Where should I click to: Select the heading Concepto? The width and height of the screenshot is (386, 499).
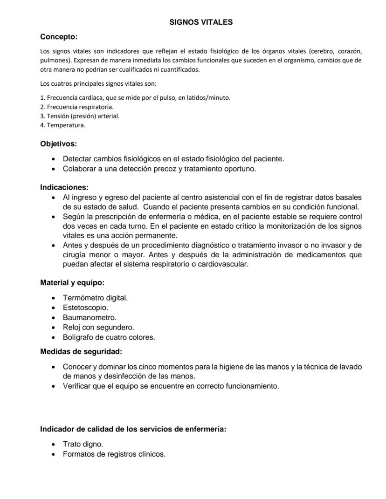pos(59,37)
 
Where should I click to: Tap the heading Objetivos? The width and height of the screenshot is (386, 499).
pos(58,144)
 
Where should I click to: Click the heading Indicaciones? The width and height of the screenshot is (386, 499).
pos(64,187)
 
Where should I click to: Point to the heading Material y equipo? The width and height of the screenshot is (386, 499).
pos(72,282)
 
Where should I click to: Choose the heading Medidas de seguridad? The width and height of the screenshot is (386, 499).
pos(81,351)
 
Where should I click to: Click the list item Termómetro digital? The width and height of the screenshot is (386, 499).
pos(95,297)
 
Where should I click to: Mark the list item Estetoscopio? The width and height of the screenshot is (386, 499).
pos(85,308)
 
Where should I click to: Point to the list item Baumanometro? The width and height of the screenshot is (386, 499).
pos(90,317)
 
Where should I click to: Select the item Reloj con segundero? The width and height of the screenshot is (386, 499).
pos(98,327)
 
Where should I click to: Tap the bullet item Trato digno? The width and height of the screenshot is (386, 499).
pos(83,444)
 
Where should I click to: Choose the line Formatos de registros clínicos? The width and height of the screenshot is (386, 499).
pos(114,454)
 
